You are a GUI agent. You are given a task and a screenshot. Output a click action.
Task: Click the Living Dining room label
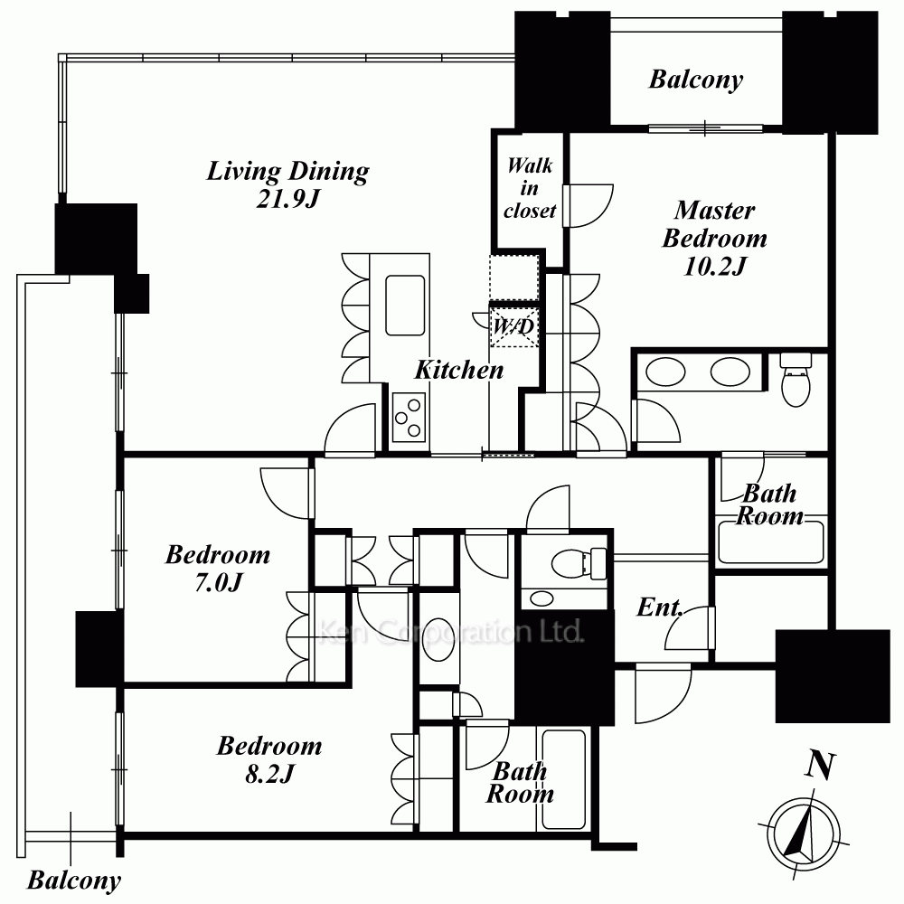click(x=287, y=184)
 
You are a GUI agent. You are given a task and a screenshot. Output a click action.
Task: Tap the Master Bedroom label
click(x=714, y=238)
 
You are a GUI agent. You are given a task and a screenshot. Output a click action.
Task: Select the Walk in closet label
click(x=530, y=188)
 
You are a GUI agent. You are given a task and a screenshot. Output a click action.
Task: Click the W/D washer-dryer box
click(x=513, y=326)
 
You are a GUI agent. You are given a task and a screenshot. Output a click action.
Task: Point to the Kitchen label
click(x=459, y=370)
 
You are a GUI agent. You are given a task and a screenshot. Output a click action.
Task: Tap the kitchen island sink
click(x=405, y=305)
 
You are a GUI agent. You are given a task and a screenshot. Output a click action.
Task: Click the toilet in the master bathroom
click(x=796, y=380)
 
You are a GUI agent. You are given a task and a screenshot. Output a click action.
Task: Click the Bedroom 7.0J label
click(x=217, y=568)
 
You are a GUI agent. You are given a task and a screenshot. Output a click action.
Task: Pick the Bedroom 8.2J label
click(x=269, y=759)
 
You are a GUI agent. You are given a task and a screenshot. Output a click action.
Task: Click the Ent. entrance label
click(x=660, y=607)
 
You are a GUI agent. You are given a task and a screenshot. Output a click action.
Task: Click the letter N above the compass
click(x=820, y=767)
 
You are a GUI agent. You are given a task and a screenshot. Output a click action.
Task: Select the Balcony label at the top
click(x=696, y=80)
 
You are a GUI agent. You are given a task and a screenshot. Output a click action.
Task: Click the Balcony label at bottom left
click(x=74, y=880)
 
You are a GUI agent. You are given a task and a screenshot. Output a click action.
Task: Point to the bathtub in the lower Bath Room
click(x=563, y=779)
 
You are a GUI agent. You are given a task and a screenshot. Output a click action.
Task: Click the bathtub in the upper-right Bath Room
click(x=771, y=541)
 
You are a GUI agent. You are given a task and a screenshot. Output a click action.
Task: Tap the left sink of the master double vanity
click(x=666, y=372)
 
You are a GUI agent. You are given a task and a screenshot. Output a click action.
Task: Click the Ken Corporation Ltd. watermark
click(x=451, y=633)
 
